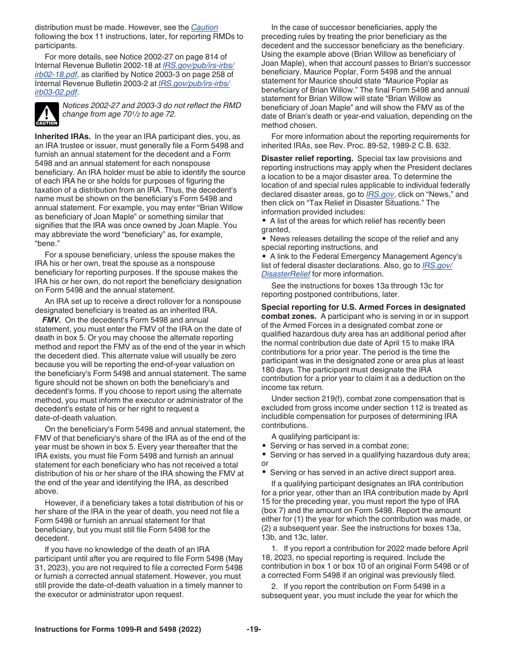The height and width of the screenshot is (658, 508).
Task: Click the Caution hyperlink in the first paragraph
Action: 204,27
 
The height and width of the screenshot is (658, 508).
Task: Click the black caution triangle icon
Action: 47,113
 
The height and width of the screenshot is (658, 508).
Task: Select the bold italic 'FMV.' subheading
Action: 51,320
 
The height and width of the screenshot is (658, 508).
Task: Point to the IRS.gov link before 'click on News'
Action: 380,195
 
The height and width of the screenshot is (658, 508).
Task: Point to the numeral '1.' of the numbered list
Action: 274,548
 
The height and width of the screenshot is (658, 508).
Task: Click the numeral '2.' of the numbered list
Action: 274,586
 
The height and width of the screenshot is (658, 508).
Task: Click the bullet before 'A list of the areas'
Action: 264,221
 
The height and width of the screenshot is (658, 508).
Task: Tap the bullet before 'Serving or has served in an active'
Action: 264,472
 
